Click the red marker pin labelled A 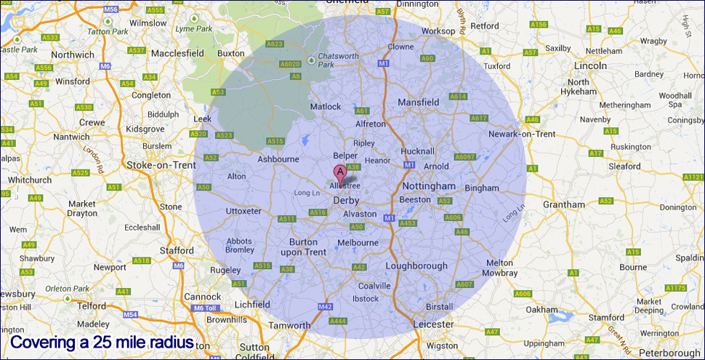click(x=339, y=173)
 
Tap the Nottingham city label click(x=428, y=186)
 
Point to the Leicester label click(x=432, y=324)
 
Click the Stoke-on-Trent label click(x=161, y=165)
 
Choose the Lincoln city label click(x=589, y=65)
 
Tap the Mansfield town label click(x=419, y=103)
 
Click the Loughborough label click(x=416, y=265)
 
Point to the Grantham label click(x=563, y=204)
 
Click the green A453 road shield click(x=408, y=223)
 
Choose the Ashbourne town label click(x=279, y=159)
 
